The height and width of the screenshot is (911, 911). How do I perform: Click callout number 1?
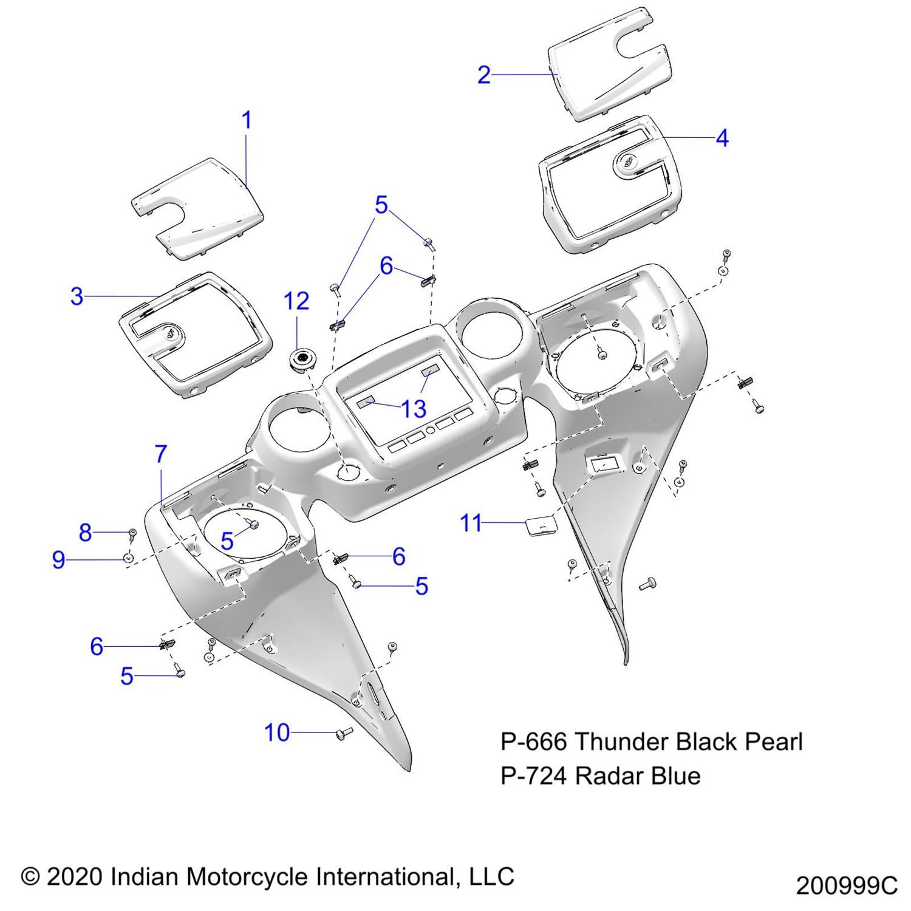[x=247, y=120]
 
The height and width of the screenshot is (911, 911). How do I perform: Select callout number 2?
[x=483, y=75]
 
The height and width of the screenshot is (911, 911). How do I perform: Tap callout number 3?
[x=77, y=297]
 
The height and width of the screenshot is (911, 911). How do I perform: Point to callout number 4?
[x=722, y=138]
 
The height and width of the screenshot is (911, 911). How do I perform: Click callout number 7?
[x=160, y=454]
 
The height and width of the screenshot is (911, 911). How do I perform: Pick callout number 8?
[x=85, y=533]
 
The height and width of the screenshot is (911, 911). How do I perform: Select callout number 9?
[x=58, y=559]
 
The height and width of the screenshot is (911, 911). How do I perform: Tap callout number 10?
[x=277, y=733]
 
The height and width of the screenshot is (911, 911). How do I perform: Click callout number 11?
[x=471, y=523]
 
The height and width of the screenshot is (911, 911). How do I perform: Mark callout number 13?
[x=414, y=409]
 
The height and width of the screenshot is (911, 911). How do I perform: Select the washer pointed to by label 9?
[x=129, y=558]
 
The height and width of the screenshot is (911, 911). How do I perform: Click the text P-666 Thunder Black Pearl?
[x=651, y=742]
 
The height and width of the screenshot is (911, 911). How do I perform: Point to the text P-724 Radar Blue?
[x=600, y=776]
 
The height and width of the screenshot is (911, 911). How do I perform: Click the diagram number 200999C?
[x=846, y=886]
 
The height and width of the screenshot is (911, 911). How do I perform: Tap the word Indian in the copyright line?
[x=145, y=876]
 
